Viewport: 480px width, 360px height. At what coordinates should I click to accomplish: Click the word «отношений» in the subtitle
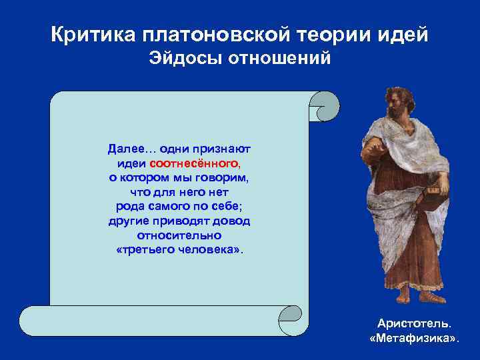[x=279, y=59]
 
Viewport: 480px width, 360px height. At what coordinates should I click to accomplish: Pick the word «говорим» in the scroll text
[x=224, y=177]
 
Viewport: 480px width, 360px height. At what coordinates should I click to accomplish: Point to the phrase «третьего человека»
[x=179, y=251]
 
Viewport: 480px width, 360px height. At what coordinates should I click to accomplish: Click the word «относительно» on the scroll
[x=179, y=236]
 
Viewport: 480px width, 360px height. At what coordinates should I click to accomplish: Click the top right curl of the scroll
[x=323, y=106]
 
